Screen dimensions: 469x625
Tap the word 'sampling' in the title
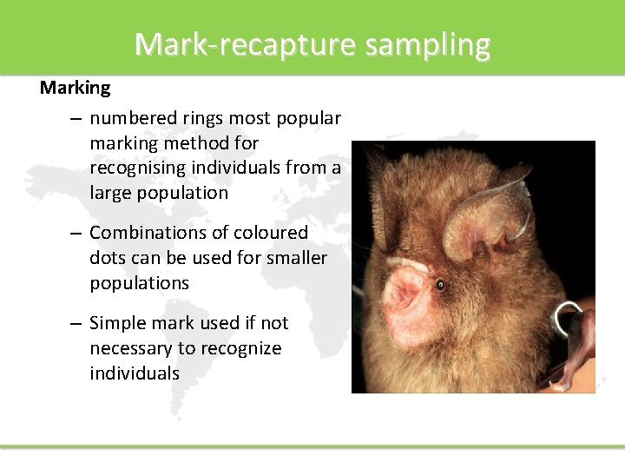pos(427,43)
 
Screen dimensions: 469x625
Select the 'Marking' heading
pos(76,88)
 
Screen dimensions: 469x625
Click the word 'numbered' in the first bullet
pos(133,117)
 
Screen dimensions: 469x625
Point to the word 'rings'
pos(203,117)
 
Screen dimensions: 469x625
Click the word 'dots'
pos(109,258)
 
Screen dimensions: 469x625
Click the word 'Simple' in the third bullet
pos(118,323)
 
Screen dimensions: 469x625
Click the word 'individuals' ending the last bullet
pos(134,373)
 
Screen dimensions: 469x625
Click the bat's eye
pos(440,285)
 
